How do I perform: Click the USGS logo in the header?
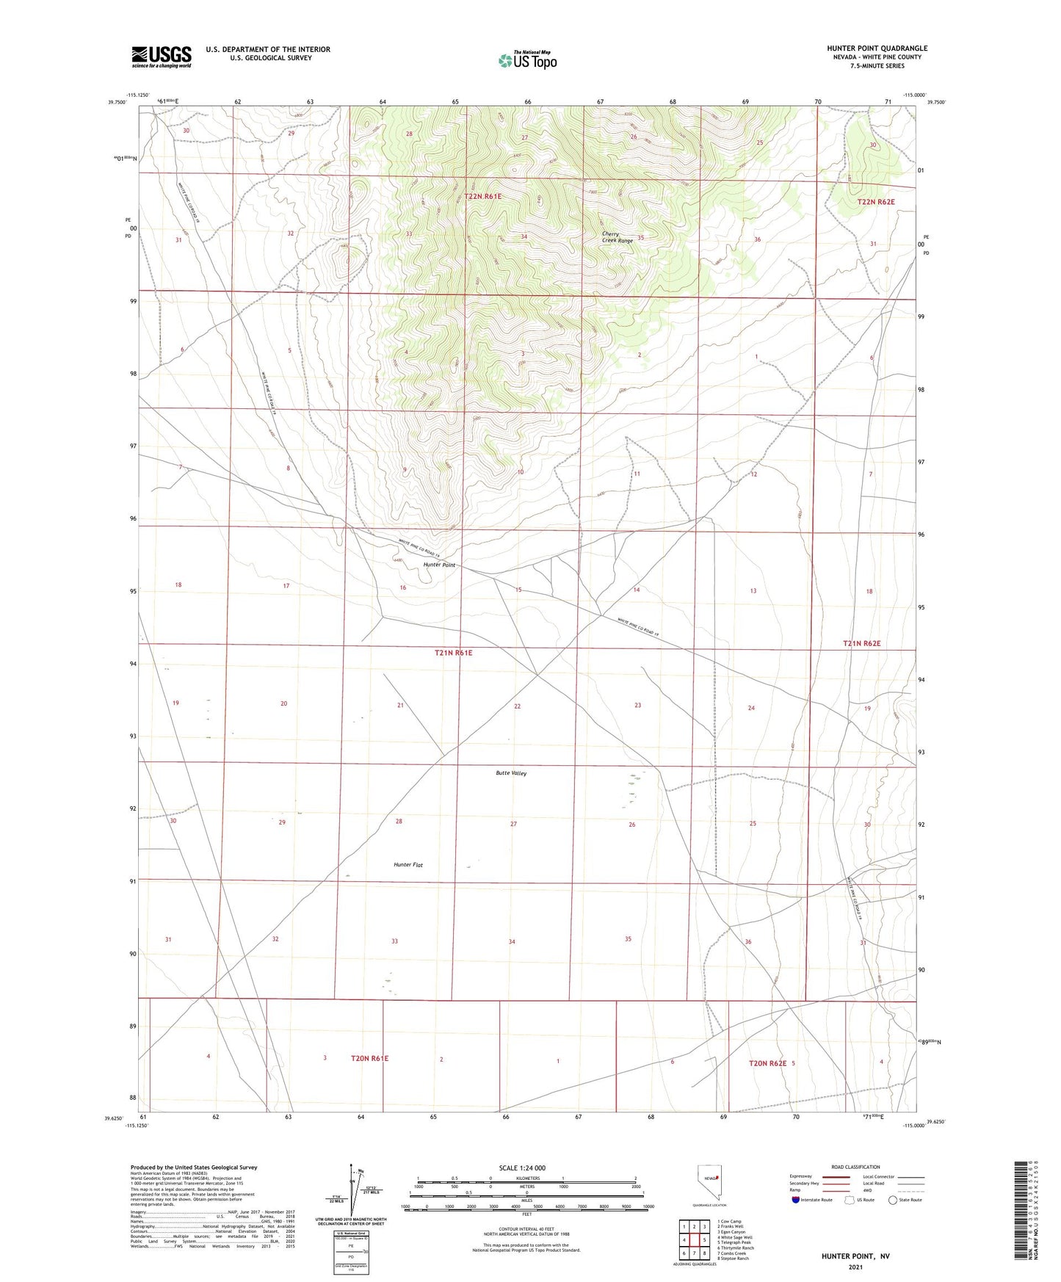[161, 57]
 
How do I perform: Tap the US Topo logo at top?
[527, 60]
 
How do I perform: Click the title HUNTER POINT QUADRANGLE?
[877, 48]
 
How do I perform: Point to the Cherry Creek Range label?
[617, 237]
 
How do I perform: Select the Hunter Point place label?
[439, 565]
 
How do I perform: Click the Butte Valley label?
[511, 773]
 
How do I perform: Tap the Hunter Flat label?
[408, 865]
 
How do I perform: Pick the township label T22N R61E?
[482, 196]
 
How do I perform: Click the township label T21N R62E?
[861, 643]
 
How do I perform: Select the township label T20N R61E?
[369, 1058]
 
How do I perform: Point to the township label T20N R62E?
[767, 1063]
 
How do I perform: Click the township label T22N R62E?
[876, 201]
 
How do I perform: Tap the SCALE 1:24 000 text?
[522, 1167]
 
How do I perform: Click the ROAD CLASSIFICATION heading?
[855, 1167]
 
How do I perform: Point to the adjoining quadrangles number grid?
[694, 1242]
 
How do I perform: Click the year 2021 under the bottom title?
[855, 1267]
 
